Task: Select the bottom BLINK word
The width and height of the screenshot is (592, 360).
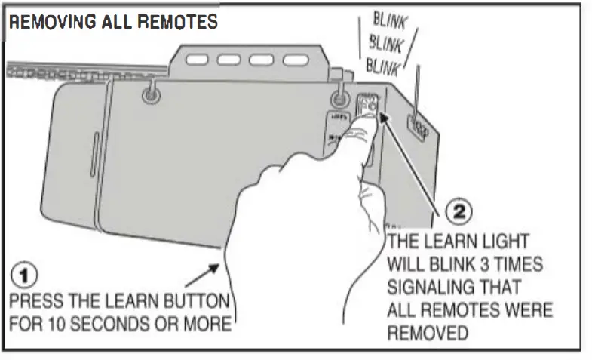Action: [x=382, y=66]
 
